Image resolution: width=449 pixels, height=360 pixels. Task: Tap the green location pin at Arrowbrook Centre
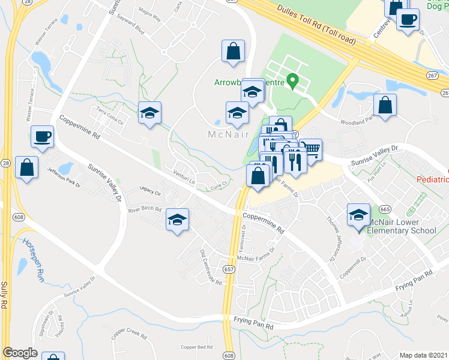point(293,80)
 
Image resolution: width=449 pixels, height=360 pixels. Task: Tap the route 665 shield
point(385,209)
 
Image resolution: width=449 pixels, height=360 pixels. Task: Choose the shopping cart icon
point(310,149)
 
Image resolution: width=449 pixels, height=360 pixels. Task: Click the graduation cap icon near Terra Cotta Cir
point(150,112)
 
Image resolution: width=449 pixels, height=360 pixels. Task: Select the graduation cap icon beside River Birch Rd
point(177,220)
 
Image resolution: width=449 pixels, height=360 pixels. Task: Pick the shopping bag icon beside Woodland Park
point(385,104)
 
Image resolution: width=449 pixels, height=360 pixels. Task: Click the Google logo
point(20,353)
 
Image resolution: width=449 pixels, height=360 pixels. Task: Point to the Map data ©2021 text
point(423,355)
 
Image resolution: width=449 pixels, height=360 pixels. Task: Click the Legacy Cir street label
point(149,193)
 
